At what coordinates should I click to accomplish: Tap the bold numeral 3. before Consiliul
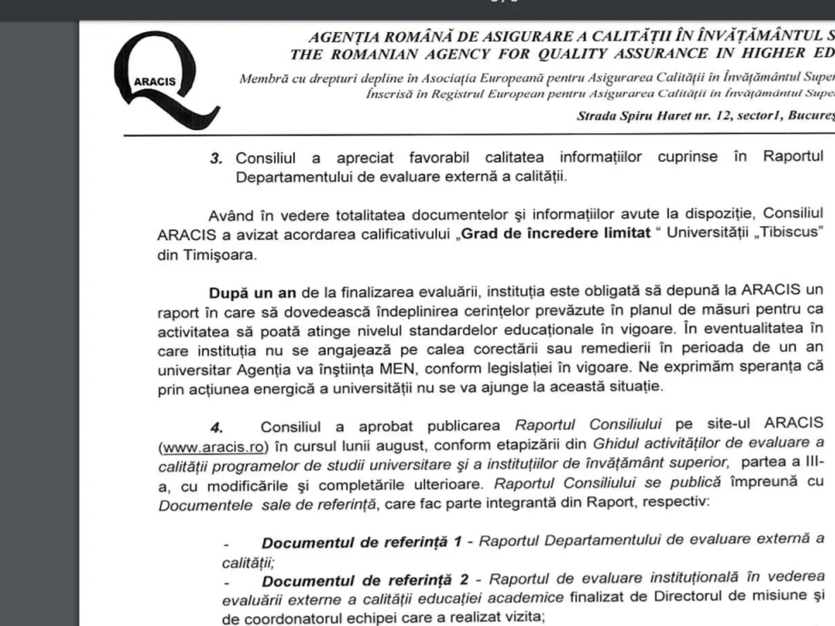(x=216, y=157)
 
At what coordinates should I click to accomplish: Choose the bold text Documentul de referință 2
(x=362, y=578)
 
